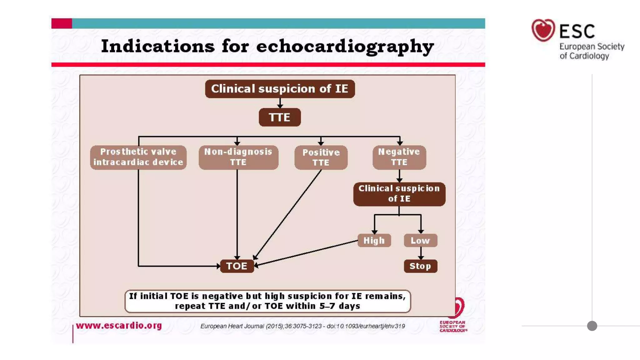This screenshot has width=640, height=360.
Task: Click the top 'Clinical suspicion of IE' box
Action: [280, 89]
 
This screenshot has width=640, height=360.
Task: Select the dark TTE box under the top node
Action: [280, 117]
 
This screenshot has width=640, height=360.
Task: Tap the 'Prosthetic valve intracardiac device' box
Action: [138, 157]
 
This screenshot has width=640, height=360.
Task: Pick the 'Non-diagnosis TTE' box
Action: [238, 157]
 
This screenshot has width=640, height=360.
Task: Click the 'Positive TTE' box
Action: [321, 157]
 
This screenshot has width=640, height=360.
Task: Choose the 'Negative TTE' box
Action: [399, 157]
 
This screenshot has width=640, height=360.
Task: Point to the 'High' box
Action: [374, 240]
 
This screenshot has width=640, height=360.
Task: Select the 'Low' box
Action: [420, 240]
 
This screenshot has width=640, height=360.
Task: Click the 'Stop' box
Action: [420, 266]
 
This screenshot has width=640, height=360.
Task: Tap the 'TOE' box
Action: [237, 266]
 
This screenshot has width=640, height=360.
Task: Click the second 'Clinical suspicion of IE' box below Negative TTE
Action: [399, 194]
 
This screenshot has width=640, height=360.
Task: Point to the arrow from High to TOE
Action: [306, 253]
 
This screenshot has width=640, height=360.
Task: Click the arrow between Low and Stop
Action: [421, 253]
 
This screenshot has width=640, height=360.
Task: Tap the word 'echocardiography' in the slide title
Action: [345, 47]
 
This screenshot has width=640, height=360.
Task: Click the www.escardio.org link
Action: [119, 325]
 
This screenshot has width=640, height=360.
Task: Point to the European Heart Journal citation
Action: [302, 326]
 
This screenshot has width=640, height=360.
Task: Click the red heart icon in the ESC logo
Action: [543, 30]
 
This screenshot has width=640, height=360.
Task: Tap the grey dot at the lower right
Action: [592, 326]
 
